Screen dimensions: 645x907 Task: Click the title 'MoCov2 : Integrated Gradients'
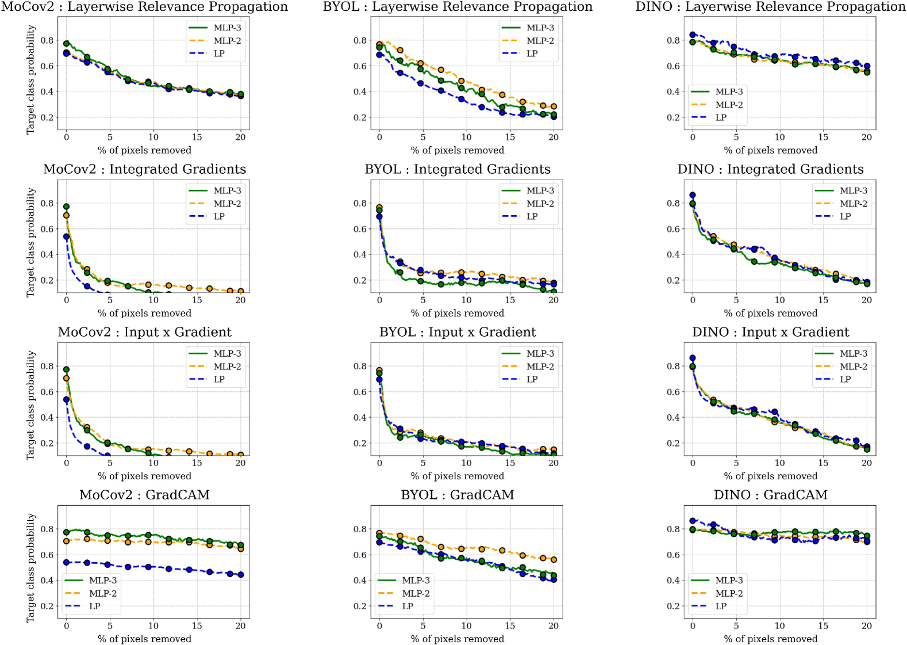pos(144,169)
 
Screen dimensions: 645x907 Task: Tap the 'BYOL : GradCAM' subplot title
pos(458,495)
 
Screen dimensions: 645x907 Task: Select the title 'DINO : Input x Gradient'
pos(770,332)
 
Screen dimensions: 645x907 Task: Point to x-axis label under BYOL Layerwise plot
pos(458,150)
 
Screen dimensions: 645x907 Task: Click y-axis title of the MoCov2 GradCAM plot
pos(30,568)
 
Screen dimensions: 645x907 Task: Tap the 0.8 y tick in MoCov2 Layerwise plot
pos(47,40)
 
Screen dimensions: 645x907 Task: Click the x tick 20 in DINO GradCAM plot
pos(867,625)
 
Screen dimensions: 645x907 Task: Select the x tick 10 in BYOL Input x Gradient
pos(466,463)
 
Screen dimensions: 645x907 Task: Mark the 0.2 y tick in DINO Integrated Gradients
pos(673,280)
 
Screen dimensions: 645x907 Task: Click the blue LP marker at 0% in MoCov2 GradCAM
pos(66,562)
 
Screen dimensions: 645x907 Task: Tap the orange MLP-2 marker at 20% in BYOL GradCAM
pos(554,559)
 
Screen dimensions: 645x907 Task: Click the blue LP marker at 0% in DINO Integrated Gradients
pos(693,195)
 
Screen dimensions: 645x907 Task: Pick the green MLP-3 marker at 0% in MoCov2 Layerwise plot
pos(66,43)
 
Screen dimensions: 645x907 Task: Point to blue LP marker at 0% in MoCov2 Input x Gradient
pos(66,399)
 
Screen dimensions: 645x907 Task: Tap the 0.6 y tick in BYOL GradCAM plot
pos(360,555)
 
